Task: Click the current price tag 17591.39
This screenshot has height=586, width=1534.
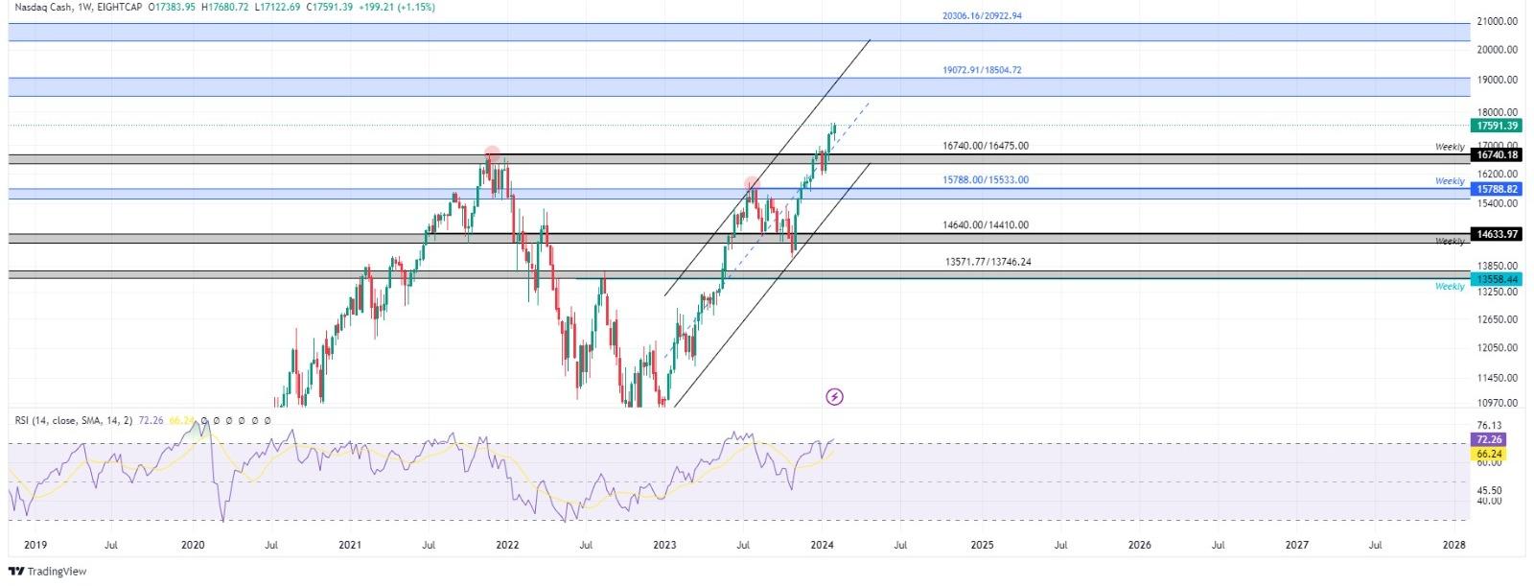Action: click(x=1497, y=126)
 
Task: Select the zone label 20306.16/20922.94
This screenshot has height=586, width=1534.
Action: click(x=981, y=16)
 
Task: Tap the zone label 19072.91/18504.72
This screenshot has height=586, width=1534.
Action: click(x=981, y=70)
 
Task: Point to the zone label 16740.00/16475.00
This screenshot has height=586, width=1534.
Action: click(x=985, y=146)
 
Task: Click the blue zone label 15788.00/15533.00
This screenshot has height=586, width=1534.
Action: click(x=985, y=180)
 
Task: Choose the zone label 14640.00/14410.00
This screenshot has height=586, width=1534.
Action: click(x=985, y=225)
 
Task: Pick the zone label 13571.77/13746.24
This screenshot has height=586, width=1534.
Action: click(x=988, y=262)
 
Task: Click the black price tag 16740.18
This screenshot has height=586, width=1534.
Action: click(x=1497, y=155)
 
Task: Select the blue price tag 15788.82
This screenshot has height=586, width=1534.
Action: click(x=1497, y=190)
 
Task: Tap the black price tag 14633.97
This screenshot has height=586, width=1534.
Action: click(x=1497, y=234)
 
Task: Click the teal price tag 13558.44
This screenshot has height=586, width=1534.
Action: click(x=1497, y=279)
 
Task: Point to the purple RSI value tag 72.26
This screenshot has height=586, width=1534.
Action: click(x=1489, y=439)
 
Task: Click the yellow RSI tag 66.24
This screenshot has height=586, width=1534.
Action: click(x=1489, y=454)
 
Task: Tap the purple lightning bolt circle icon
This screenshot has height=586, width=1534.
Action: click(x=834, y=396)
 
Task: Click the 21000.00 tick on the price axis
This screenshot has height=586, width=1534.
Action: click(x=1497, y=21)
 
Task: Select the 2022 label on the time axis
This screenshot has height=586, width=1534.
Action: click(x=507, y=545)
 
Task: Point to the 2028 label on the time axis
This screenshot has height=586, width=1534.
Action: click(x=1453, y=545)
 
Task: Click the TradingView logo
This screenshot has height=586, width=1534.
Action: click(x=48, y=572)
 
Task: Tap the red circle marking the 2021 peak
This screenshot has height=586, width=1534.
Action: click(x=492, y=153)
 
